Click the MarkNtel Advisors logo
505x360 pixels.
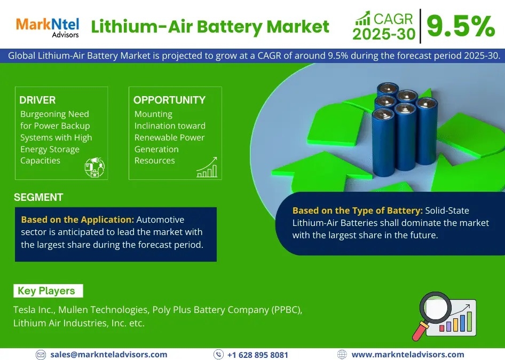[48, 27]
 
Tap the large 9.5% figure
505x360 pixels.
[461, 26]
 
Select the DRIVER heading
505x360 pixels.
[37, 100]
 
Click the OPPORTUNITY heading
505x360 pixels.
[169, 100]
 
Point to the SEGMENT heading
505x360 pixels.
[38, 197]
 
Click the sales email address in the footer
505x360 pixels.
[108, 354]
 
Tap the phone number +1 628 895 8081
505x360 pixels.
[257, 355]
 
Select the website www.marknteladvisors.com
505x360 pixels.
[407, 354]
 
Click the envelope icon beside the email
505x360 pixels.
[41, 355]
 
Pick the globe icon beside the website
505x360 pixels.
[342, 355]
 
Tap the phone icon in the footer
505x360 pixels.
[218, 355]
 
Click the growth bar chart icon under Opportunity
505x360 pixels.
[207, 167]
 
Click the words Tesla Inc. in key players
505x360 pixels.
[34, 310]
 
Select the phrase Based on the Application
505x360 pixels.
[77, 220]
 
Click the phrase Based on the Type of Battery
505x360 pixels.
[357, 210]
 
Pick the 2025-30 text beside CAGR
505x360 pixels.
[383, 33]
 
